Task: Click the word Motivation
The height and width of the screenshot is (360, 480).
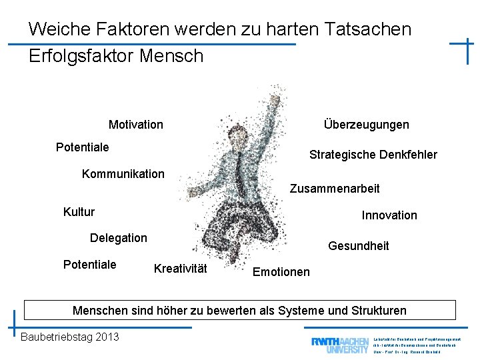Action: tap(135, 125)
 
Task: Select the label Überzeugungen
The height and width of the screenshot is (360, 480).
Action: tap(366, 125)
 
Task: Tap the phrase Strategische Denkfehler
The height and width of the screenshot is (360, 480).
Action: tap(373, 155)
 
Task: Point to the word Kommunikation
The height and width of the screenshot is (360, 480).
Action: tap(123, 174)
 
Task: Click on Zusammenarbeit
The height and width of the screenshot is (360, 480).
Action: tap(334, 189)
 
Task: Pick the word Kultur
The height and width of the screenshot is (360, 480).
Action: tap(79, 212)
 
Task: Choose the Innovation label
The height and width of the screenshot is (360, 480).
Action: tap(389, 215)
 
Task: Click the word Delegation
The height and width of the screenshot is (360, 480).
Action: tap(118, 238)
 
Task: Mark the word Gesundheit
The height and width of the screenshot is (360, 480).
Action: tap(358, 246)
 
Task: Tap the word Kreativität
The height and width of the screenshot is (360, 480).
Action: tap(180, 269)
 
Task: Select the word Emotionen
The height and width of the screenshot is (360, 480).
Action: tap(281, 271)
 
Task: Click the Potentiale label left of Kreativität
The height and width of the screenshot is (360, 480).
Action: tap(89, 265)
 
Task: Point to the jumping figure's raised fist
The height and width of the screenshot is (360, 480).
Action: tap(273, 93)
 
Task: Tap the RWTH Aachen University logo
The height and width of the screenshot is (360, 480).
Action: tap(339, 344)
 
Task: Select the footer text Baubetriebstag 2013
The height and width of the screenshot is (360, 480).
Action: tap(70, 337)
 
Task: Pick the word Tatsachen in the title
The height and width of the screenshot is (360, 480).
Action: tap(368, 29)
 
